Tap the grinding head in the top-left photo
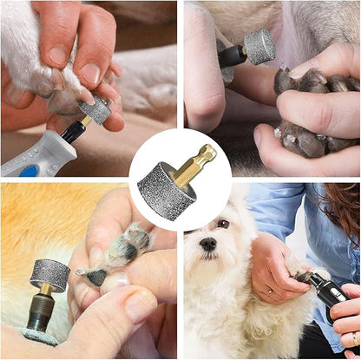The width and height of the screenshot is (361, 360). (97, 109)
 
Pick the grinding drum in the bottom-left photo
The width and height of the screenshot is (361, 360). (50, 275)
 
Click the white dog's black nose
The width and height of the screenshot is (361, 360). (208, 245)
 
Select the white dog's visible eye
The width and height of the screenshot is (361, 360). (223, 223)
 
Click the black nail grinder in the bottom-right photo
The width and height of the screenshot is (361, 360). (330, 294)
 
